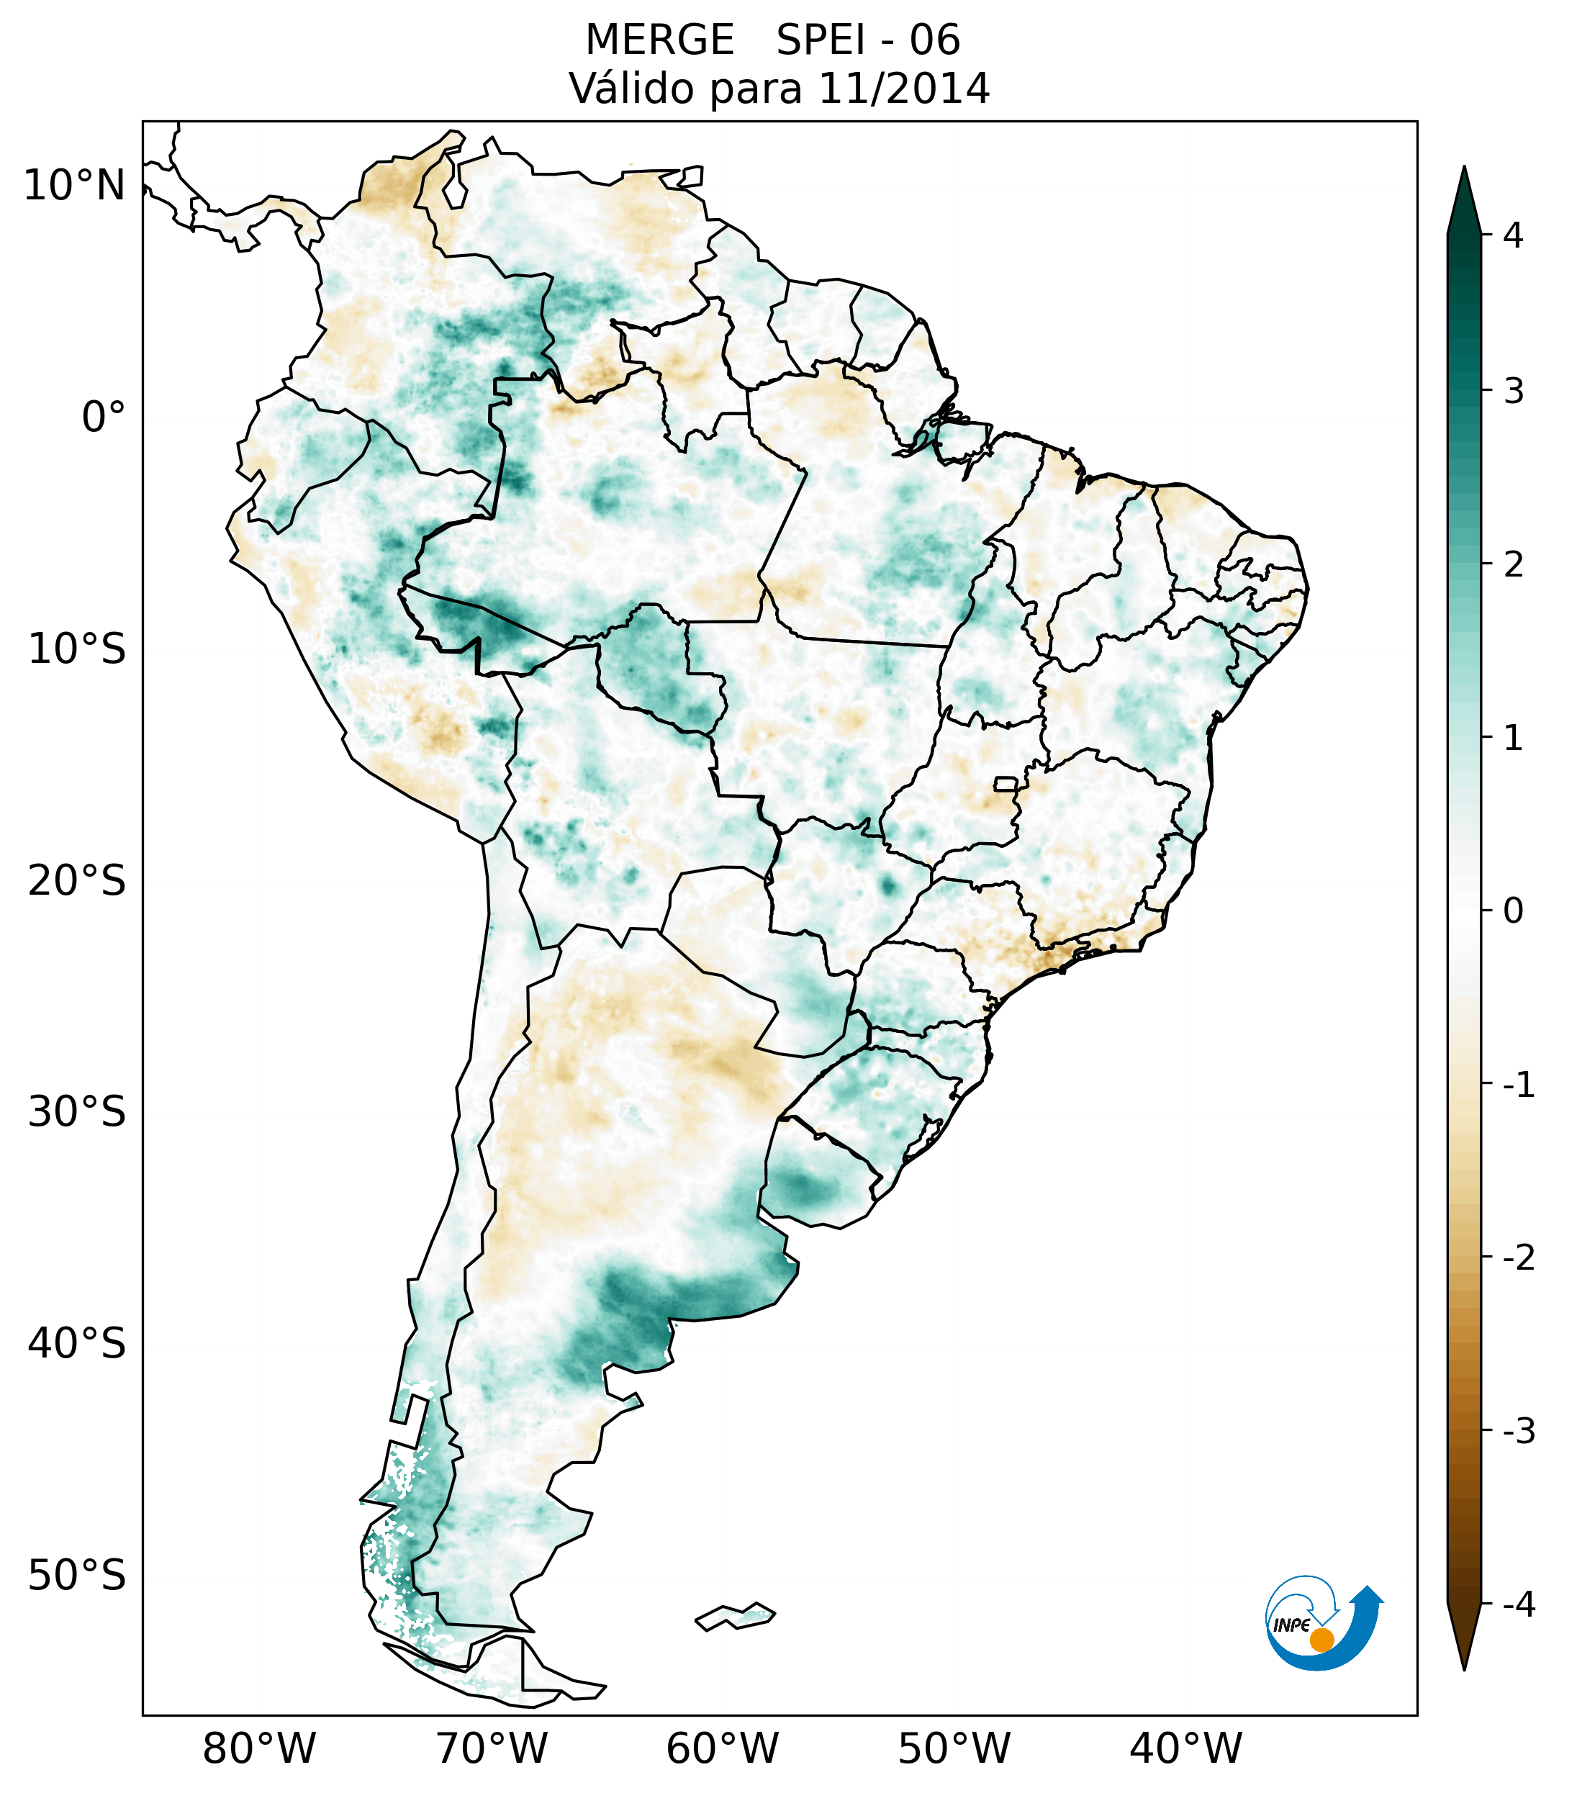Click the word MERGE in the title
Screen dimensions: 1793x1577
pos(659,40)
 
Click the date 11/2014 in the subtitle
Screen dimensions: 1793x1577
pos(904,89)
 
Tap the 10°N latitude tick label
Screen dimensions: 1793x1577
pos(75,186)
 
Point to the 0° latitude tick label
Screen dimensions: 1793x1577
pos(104,417)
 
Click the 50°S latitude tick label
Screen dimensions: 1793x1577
pos(77,1576)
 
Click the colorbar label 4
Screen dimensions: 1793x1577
pos(1513,235)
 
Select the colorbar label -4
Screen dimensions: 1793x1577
pos(1518,1605)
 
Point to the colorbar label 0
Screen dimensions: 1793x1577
pos(1513,911)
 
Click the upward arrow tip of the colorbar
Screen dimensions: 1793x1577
pos(1464,169)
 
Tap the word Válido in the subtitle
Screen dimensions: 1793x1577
pos(631,89)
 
